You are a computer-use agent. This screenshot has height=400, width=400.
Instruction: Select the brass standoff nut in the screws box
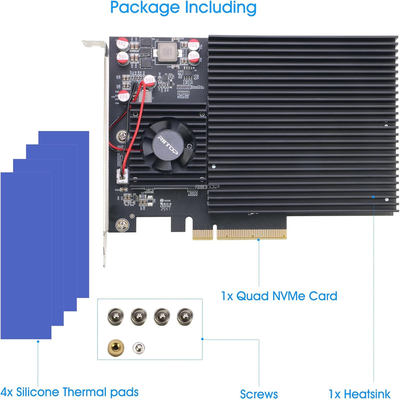pos(115,348)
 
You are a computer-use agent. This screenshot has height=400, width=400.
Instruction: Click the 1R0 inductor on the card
pos(167,52)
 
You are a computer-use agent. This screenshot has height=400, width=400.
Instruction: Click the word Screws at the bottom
pos(259,394)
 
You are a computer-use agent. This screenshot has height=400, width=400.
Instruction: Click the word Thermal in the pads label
pos(85,392)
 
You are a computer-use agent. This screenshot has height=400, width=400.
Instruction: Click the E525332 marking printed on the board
pos(165,206)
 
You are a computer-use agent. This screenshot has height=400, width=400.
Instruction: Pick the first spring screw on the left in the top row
pos(115,316)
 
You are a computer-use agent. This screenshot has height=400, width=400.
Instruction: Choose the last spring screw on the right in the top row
pos(185,316)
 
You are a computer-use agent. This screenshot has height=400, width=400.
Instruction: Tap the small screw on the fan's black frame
pos(190,146)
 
